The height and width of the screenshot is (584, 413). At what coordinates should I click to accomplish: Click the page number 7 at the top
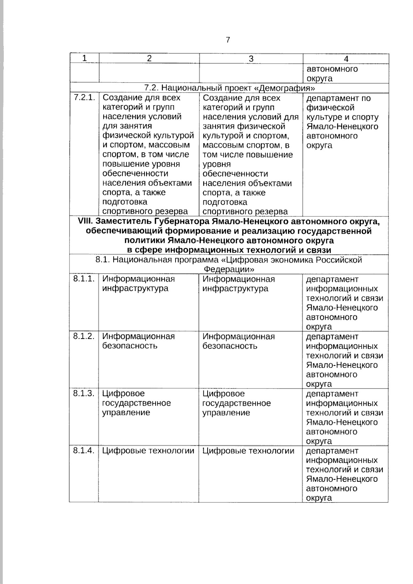(228, 40)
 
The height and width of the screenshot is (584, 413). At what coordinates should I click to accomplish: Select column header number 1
(84, 58)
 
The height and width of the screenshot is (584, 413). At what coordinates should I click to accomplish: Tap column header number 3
(251, 59)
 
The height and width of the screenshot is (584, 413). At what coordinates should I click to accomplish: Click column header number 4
(346, 59)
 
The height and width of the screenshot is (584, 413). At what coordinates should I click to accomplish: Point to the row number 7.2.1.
(84, 97)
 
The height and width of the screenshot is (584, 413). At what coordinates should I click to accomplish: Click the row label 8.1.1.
(84, 279)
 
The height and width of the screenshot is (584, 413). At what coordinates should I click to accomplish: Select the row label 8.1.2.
(84, 336)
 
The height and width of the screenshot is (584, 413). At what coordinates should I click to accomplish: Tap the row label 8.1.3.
(84, 393)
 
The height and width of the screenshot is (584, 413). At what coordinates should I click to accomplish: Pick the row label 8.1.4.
(84, 450)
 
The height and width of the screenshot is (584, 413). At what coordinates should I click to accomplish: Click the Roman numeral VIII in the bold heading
(85, 221)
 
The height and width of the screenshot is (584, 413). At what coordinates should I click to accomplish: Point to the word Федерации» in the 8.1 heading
(229, 269)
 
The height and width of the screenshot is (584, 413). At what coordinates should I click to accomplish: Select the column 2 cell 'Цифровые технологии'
(148, 451)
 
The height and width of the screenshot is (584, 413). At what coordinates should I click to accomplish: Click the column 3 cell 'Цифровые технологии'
(248, 451)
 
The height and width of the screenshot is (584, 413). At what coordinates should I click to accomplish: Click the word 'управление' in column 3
(226, 413)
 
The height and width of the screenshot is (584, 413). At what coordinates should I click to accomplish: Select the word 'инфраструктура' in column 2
(135, 288)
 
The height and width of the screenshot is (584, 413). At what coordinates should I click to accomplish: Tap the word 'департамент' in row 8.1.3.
(332, 394)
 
